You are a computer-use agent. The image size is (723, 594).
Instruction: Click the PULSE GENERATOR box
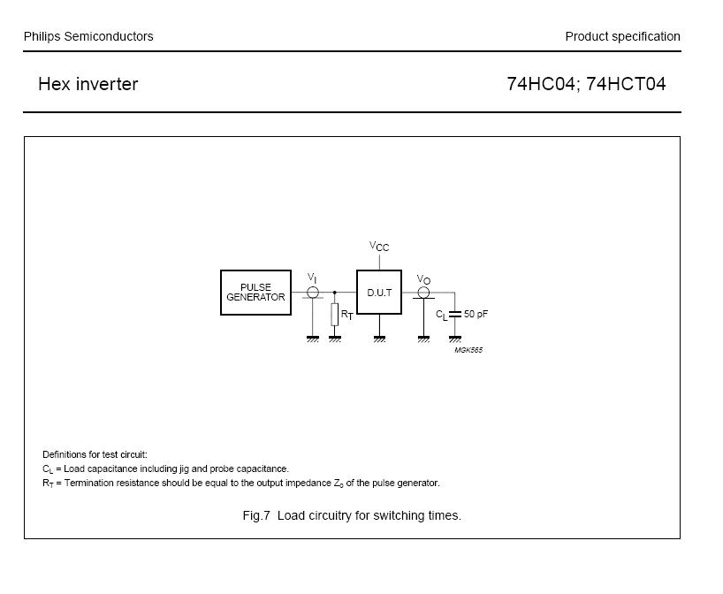[255, 293]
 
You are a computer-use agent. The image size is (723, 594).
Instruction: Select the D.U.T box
[378, 292]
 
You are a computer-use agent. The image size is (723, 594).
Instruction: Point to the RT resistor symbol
[335, 315]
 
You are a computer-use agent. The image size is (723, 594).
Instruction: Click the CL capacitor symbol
[455, 314]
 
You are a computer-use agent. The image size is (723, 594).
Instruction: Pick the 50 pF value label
[476, 314]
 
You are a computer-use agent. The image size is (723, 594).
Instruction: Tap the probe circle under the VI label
[313, 292]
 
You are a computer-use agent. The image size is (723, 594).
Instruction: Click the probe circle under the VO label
[423, 292]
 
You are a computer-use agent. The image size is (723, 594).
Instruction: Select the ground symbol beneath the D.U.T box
[379, 339]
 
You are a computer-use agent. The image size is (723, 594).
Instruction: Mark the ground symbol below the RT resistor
[335, 339]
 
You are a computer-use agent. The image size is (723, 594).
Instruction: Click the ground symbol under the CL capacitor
[455, 339]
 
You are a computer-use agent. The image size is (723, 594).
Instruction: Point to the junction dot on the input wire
[335, 292]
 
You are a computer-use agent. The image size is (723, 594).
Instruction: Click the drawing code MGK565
[468, 350]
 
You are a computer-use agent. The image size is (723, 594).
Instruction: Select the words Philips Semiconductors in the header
[88, 36]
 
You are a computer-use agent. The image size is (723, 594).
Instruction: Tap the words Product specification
[622, 36]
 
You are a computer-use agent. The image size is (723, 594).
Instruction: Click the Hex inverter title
[88, 85]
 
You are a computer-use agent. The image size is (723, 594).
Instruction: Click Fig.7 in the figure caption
[255, 515]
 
